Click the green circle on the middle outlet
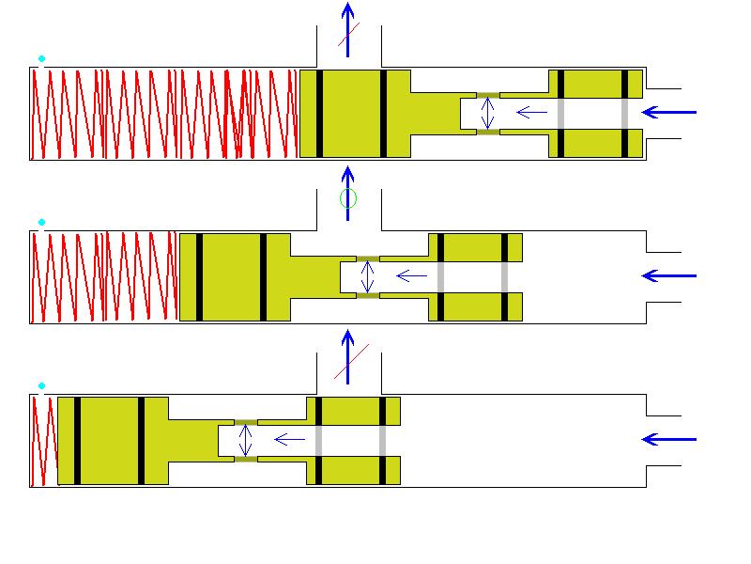348,198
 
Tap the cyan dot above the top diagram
41,59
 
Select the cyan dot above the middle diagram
41,223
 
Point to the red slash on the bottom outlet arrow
351,362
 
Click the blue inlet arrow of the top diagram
670,113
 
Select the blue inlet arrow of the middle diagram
670,275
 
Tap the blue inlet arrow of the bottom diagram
670,439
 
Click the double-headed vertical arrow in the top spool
486,113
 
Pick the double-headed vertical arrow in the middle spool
367,275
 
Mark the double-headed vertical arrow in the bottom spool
246,439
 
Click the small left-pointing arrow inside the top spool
531,113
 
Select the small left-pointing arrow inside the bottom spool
289,439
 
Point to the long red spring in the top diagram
164,114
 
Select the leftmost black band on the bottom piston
77,440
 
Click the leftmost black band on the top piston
320,114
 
